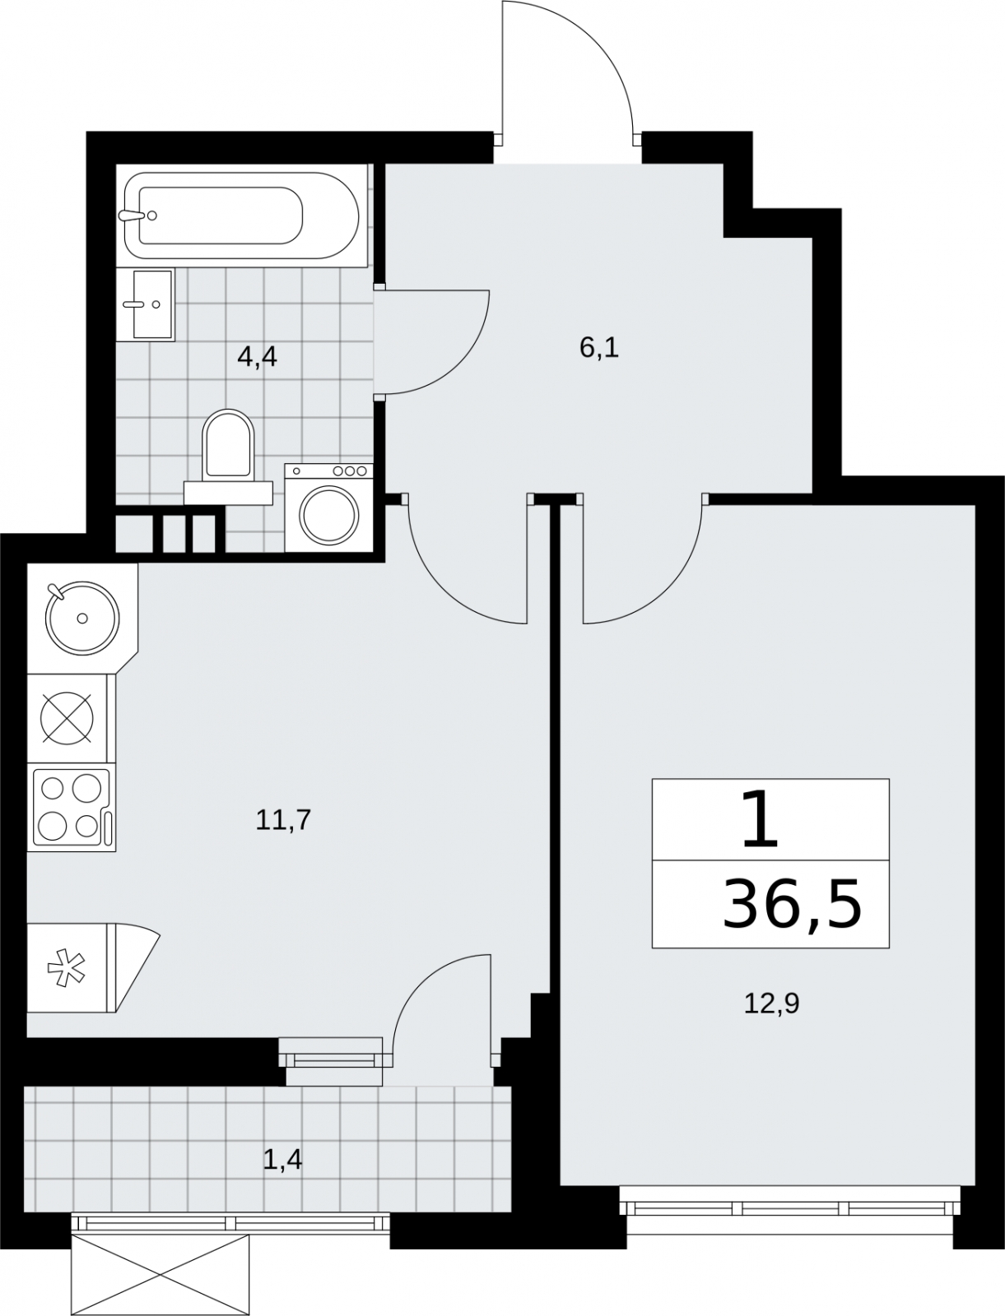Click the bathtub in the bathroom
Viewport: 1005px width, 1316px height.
click(241, 215)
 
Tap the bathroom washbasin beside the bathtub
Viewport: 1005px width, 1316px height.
click(154, 304)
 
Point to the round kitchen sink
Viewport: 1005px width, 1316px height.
click(82, 618)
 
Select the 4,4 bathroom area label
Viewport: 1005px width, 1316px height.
click(257, 358)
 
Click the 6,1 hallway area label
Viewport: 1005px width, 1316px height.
click(598, 348)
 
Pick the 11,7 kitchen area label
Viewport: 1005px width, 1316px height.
click(283, 820)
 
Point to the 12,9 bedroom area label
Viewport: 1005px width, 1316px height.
click(771, 1003)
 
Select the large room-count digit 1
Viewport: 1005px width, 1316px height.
click(761, 819)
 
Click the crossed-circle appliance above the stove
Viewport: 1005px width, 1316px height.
click(67, 718)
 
